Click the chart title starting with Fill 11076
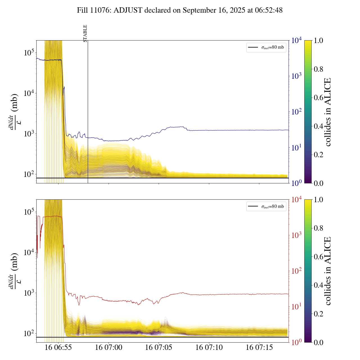click(x=180, y=10)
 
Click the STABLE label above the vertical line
click(x=85, y=33)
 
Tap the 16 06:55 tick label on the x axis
click(x=58, y=347)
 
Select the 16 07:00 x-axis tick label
click(x=109, y=347)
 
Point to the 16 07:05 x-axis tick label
click(x=159, y=347)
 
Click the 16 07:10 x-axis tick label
click(x=209, y=347)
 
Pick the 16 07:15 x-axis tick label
click(x=259, y=347)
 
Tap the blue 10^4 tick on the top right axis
click(x=297, y=40)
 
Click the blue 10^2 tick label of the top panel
click(x=297, y=112)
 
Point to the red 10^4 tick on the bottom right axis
click(x=297, y=199)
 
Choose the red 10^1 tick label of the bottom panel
click(x=297, y=307)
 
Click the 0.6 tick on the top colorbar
click(x=318, y=98)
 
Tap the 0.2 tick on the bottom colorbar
click(x=318, y=314)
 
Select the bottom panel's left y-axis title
click(x=13, y=271)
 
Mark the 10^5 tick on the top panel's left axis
click(x=29, y=53)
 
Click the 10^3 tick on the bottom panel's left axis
click(x=29, y=293)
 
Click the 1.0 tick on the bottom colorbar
click(x=318, y=199)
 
